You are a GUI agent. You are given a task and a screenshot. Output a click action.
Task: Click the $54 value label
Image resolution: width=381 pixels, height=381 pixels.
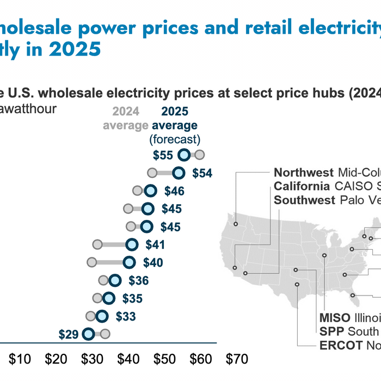pos(202,174)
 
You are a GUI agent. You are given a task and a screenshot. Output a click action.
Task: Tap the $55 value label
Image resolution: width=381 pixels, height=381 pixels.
pos(163,156)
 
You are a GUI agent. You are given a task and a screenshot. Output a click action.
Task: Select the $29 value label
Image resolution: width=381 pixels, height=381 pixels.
pos(69,334)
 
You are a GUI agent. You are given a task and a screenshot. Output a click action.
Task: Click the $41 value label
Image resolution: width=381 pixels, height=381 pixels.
pos(155,245)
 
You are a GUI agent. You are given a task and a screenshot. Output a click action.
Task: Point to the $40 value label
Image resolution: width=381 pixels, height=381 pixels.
pos(153,263)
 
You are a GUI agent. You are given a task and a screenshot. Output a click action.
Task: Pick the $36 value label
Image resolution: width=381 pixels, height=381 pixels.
pos(138,281)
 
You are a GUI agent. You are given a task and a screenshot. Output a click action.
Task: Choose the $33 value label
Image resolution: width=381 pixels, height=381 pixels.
pos(126,316)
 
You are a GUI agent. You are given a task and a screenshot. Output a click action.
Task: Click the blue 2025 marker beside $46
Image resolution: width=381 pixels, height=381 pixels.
pos(151,191)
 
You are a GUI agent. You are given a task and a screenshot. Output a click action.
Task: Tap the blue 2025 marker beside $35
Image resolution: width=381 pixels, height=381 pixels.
pos(109,298)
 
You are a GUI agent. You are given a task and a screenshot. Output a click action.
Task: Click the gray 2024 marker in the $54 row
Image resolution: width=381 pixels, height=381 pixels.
pos(152,173)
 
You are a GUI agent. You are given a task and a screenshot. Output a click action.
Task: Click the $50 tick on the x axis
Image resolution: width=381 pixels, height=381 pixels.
pos(164,359)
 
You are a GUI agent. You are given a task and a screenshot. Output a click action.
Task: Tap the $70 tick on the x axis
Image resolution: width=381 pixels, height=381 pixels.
pos(236,359)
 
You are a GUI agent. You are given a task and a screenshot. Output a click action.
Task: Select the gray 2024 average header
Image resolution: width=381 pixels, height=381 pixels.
pos(126,119)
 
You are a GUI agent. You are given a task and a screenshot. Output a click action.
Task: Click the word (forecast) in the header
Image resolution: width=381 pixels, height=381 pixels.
pos(175,139)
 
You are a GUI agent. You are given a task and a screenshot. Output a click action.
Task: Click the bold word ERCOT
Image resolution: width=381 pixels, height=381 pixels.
pos(338,345)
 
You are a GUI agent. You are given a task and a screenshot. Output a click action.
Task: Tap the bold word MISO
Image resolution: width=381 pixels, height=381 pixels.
pos(335,318)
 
